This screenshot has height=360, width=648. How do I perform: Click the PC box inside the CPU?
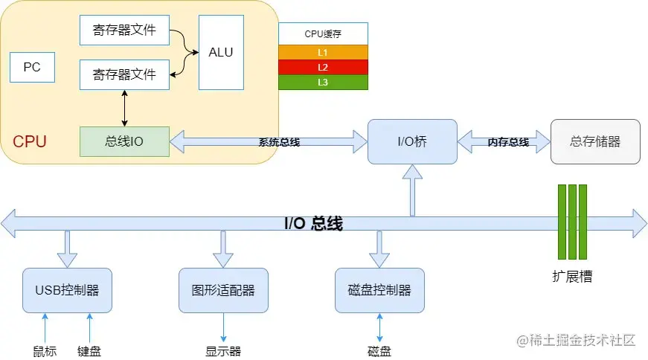pos(32,67)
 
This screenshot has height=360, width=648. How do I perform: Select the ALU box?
pos(221,52)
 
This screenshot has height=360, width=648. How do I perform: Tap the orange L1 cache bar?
pos(323,52)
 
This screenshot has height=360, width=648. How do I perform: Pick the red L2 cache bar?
pos(323,67)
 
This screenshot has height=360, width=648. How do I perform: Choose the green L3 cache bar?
pos(323,82)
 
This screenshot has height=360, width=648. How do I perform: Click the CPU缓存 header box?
pos(323,33)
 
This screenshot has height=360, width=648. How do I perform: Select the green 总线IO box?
pos(124,141)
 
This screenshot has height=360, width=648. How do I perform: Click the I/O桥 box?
pos(412,141)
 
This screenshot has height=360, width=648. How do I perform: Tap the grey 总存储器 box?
pos(594,141)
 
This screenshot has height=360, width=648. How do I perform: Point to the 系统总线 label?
pos(279,142)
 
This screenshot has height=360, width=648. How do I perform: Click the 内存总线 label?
pos(508,142)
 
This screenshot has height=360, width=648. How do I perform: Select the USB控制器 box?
pos(67,290)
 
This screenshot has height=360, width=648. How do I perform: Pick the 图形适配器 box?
pos(223,290)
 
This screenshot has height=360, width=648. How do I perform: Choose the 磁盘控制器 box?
pos(379,290)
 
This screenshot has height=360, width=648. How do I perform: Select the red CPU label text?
pos(30,141)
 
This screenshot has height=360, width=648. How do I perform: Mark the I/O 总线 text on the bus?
pos(313,223)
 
